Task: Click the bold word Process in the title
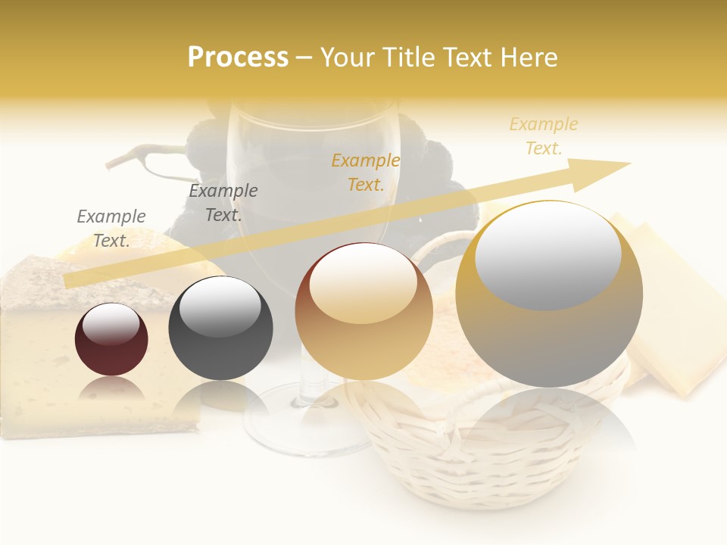pos(238,58)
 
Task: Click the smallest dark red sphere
pos(111,339)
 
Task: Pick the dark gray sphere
pos(220,328)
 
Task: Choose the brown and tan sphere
pos(363,311)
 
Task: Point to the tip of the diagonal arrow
pos(629,163)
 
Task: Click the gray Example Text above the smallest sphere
pos(111,229)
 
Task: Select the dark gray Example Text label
pos(223,203)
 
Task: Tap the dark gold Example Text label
pos(366,172)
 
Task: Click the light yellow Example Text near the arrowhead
pos(544,136)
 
